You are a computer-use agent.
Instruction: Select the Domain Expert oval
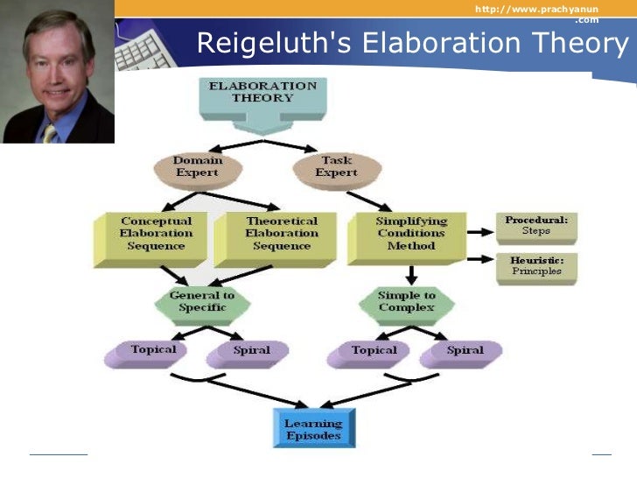pos(197,166)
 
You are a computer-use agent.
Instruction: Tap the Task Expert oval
pos(337,166)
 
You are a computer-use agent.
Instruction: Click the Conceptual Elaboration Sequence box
pos(151,234)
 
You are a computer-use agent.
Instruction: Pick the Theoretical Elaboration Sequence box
pos(276,234)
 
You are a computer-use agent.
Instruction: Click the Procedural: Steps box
pos(535,226)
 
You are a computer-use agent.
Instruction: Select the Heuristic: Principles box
pos(535,266)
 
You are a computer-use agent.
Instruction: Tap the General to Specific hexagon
pos(201,303)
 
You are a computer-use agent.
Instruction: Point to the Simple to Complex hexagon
pos(406,303)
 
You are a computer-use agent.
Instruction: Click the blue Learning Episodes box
pos(312,429)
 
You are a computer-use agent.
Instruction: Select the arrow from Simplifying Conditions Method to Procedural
pos(481,232)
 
